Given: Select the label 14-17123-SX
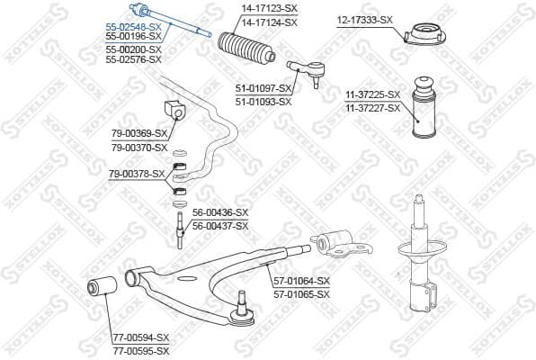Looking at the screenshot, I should tap(268, 9).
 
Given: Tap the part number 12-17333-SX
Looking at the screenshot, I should tap(364, 19).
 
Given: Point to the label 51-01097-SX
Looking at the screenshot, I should tap(264, 88).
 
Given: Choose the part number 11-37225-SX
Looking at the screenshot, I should tap(371, 94).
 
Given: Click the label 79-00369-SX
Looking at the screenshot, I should tap(138, 133).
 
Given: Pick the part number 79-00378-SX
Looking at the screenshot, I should tap(137, 173).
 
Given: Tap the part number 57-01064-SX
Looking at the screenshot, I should tap(299, 280).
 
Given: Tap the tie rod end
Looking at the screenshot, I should tap(304, 69).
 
